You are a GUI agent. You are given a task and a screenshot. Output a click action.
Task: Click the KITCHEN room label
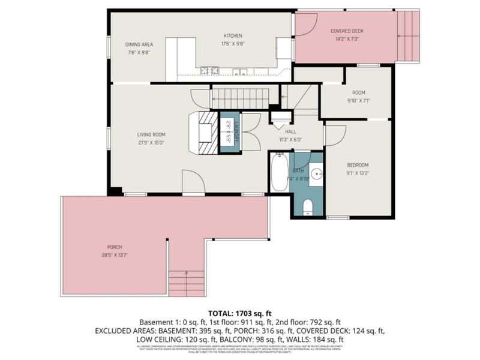coord(233,35)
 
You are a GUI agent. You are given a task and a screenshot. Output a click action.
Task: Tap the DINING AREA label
coord(139,44)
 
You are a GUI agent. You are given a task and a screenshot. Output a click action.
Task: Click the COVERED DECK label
coord(347,31)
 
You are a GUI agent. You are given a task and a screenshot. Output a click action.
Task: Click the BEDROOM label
coord(358,165)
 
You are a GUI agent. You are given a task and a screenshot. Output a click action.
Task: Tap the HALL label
coord(290,131)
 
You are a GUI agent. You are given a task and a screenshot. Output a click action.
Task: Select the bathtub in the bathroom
coord(279,173)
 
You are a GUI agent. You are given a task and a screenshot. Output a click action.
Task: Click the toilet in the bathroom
coord(308,207)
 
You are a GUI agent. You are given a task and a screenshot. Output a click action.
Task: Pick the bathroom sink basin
coord(316,171)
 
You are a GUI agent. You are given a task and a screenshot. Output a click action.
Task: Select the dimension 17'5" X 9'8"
coord(233,43)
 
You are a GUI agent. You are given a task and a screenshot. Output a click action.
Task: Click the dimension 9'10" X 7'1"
coord(359,100)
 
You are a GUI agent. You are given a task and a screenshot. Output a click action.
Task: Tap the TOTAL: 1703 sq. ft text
coord(240,313)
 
